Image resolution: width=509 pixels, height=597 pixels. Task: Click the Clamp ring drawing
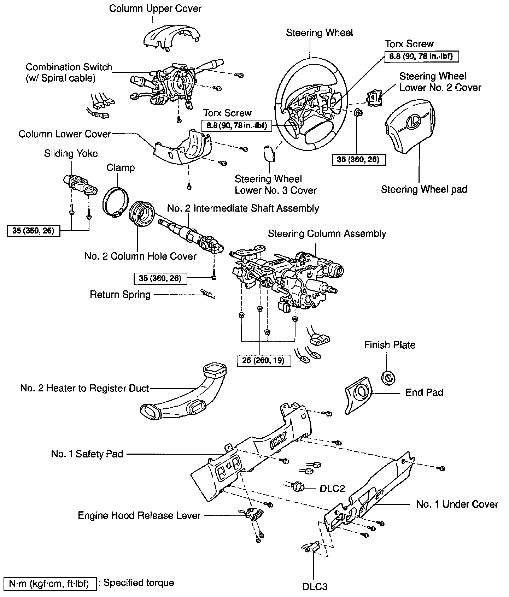click(115, 201)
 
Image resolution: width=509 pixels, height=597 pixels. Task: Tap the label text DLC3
click(315, 587)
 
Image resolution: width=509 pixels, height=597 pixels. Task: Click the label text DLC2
click(332, 488)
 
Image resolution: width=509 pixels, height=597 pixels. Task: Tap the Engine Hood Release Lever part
click(254, 514)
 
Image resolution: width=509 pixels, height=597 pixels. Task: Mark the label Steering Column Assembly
click(327, 234)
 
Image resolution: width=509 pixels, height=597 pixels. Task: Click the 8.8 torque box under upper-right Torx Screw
click(421, 56)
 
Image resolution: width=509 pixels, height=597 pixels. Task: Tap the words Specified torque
click(139, 583)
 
